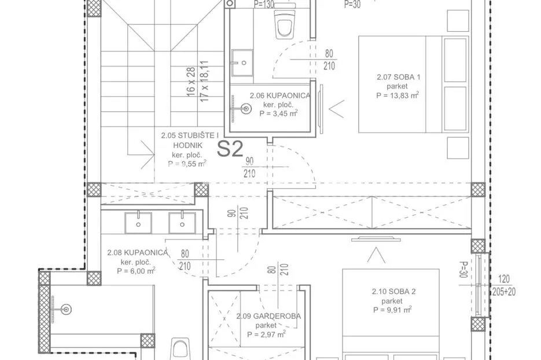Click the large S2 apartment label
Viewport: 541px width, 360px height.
pyautogui.click(x=230, y=149)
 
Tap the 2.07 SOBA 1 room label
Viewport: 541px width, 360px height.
pyautogui.click(x=398, y=77)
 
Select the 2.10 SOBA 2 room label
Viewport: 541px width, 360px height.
pyautogui.click(x=393, y=292)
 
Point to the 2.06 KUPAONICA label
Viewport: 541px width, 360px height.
pyautogui.click(x=280, y=95)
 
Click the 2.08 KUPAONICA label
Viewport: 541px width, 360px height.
pyautogui.click(x=137, y=253)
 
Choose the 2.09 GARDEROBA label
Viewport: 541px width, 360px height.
pyautogui.click(x=268, y=316)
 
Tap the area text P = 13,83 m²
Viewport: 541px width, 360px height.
pyautogui.click(x=398, y=95)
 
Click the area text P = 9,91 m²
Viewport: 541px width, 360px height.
pyautogui.click(x=392, y=310)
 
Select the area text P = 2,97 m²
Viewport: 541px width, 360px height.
pyautogui.click(x=266, y=334)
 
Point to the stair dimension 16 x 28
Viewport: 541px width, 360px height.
pyautogui.click(x=191, y=82)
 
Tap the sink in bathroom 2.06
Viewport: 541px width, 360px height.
pyautogui.click(x=242, y=63)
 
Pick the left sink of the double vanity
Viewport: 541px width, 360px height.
pyautogui.click(x=138, y=223)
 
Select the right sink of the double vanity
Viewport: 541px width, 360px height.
pyautogui.click(x=182, y=223)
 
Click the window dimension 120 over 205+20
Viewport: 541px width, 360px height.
pyautogui.click(x=505, y=285)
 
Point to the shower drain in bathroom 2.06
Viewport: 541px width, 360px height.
pyautogui.click(x=246, y=109)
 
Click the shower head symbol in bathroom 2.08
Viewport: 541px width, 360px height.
pyautogui.click(x=66, y=310)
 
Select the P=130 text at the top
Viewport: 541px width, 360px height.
pyautogui.click(x=264, y=4)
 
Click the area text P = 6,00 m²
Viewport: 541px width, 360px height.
pyautogui.click(x=136, y=271)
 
